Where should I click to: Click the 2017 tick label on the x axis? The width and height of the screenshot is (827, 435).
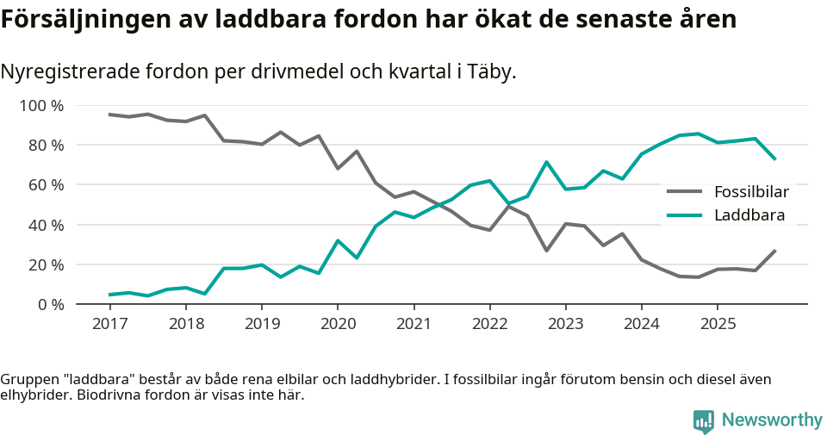109,324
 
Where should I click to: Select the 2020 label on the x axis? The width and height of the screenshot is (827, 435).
337,324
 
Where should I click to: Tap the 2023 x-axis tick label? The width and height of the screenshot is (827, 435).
565,324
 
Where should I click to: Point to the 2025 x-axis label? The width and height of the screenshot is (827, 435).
717,324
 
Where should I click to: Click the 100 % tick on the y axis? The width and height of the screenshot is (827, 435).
42,106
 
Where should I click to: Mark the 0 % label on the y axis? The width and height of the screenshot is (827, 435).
51,304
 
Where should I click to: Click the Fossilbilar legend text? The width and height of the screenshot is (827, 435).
751,191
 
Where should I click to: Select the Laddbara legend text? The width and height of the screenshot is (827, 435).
745,215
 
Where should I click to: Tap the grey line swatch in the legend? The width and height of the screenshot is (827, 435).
685,191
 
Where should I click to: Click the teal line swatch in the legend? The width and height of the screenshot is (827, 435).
685,215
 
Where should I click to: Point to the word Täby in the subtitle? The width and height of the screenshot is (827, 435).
490,71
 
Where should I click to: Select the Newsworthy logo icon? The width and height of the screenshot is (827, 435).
704,420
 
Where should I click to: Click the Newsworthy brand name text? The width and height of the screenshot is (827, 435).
772,420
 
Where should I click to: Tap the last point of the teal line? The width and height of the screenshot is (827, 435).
775,159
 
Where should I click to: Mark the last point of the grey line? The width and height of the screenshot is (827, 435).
775,251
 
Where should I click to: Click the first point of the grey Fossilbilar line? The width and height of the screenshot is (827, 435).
109,115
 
